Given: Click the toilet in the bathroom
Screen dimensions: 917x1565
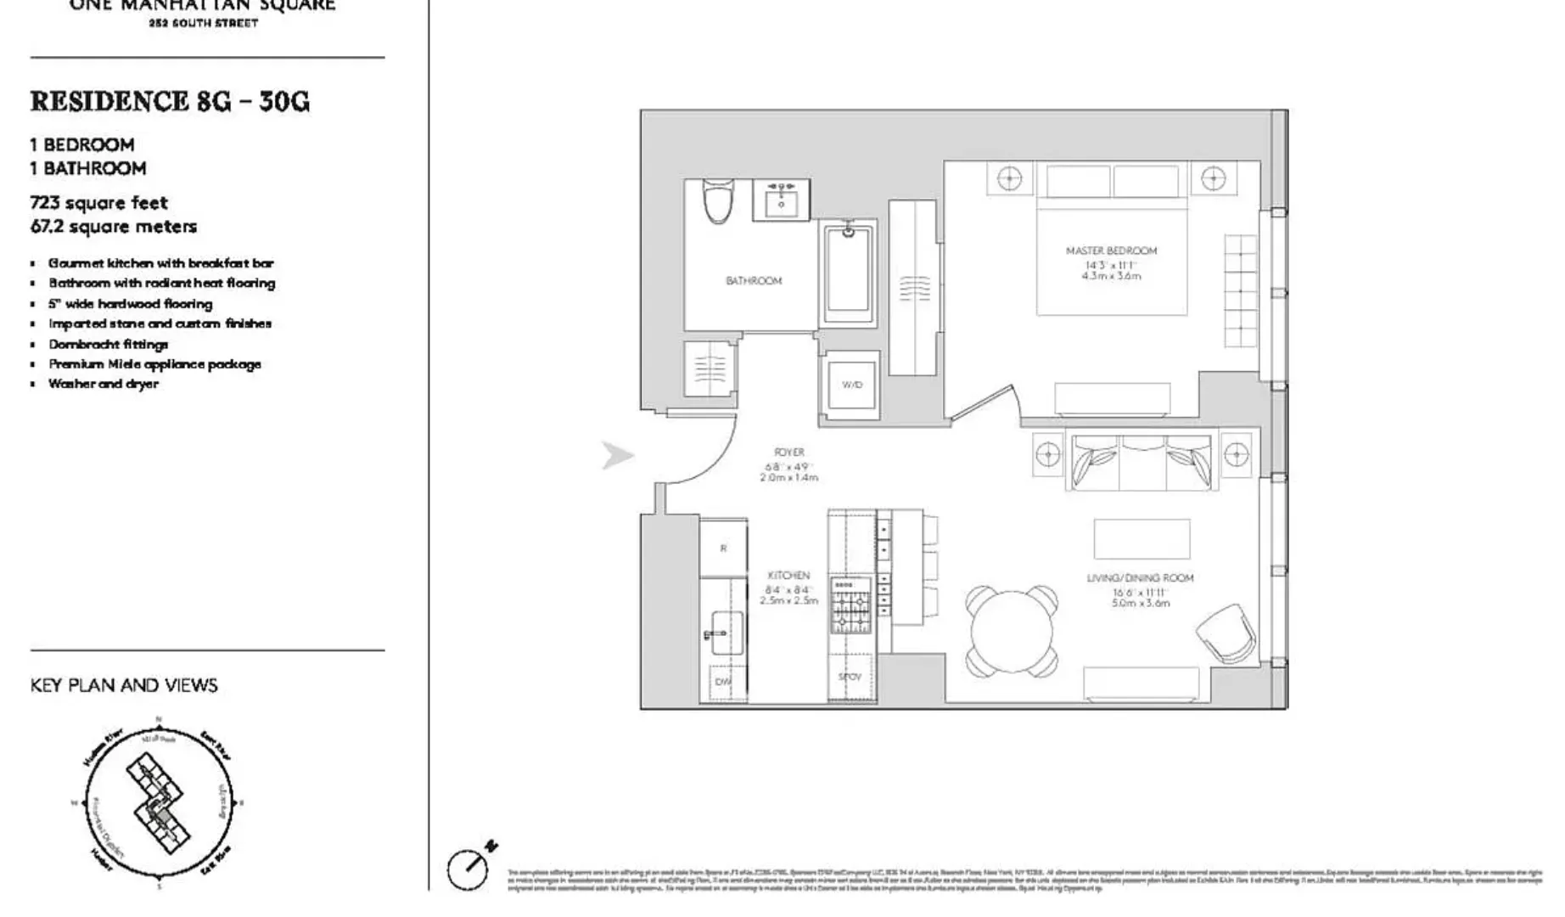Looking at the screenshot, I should click(718, 201).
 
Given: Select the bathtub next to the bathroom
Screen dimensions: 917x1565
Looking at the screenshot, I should click(848, 272).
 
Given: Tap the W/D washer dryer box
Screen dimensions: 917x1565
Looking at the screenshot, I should click(852, 385).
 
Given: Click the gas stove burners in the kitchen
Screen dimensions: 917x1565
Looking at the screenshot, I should click(850, 605).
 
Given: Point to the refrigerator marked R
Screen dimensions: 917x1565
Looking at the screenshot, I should click(723, 549).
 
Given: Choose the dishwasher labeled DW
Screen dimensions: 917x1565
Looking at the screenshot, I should click(722, 681).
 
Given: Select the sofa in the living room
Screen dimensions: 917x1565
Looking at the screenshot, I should click(1141, 463).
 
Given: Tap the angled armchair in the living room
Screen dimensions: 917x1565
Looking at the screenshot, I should click(1226, 633).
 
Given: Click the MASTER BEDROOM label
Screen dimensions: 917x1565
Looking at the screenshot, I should click(1111, 250).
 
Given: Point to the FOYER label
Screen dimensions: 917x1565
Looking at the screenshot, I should click(789, 453).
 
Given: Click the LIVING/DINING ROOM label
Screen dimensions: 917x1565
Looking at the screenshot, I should click(1140, 578).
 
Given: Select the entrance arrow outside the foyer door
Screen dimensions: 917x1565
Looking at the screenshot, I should click(617, 455).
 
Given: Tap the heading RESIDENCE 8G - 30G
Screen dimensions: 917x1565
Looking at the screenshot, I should click(170, 102).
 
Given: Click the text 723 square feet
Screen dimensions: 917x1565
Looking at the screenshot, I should click(99, 203).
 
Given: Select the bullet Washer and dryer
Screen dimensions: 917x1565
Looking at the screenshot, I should click(104, 384).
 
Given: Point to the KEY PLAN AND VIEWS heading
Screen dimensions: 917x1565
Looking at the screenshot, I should click(124, 685).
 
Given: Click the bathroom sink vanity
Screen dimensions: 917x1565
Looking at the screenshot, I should click(782, 200).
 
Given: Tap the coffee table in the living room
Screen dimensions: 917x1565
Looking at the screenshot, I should click(1141, 538).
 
